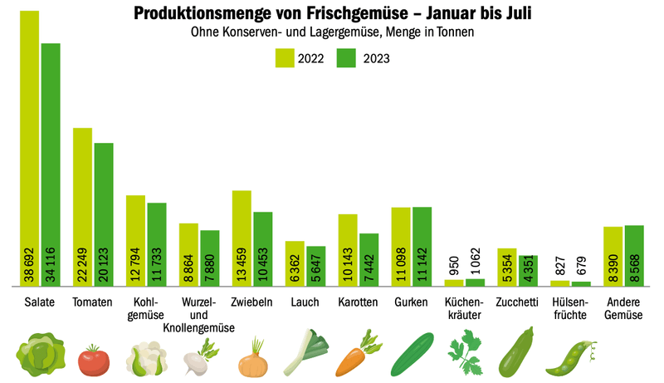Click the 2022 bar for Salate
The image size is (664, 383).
30,148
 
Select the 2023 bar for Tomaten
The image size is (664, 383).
104,215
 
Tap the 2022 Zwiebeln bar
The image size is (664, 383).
242,238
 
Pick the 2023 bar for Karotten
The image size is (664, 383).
369,260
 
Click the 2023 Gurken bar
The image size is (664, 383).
422,247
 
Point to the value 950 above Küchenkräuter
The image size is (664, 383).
454,266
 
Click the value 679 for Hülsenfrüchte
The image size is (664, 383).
581,266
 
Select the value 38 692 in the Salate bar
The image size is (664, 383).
29,265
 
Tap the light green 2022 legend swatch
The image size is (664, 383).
285,58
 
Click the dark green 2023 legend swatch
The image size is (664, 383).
346,58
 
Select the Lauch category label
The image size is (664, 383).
305,302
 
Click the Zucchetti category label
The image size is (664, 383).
517,302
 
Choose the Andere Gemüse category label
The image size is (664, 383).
623,308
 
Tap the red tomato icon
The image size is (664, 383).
94,360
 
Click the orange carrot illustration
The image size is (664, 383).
359,354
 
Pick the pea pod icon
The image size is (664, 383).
571,358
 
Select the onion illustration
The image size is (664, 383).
253,358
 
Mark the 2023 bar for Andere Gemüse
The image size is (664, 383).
634,256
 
